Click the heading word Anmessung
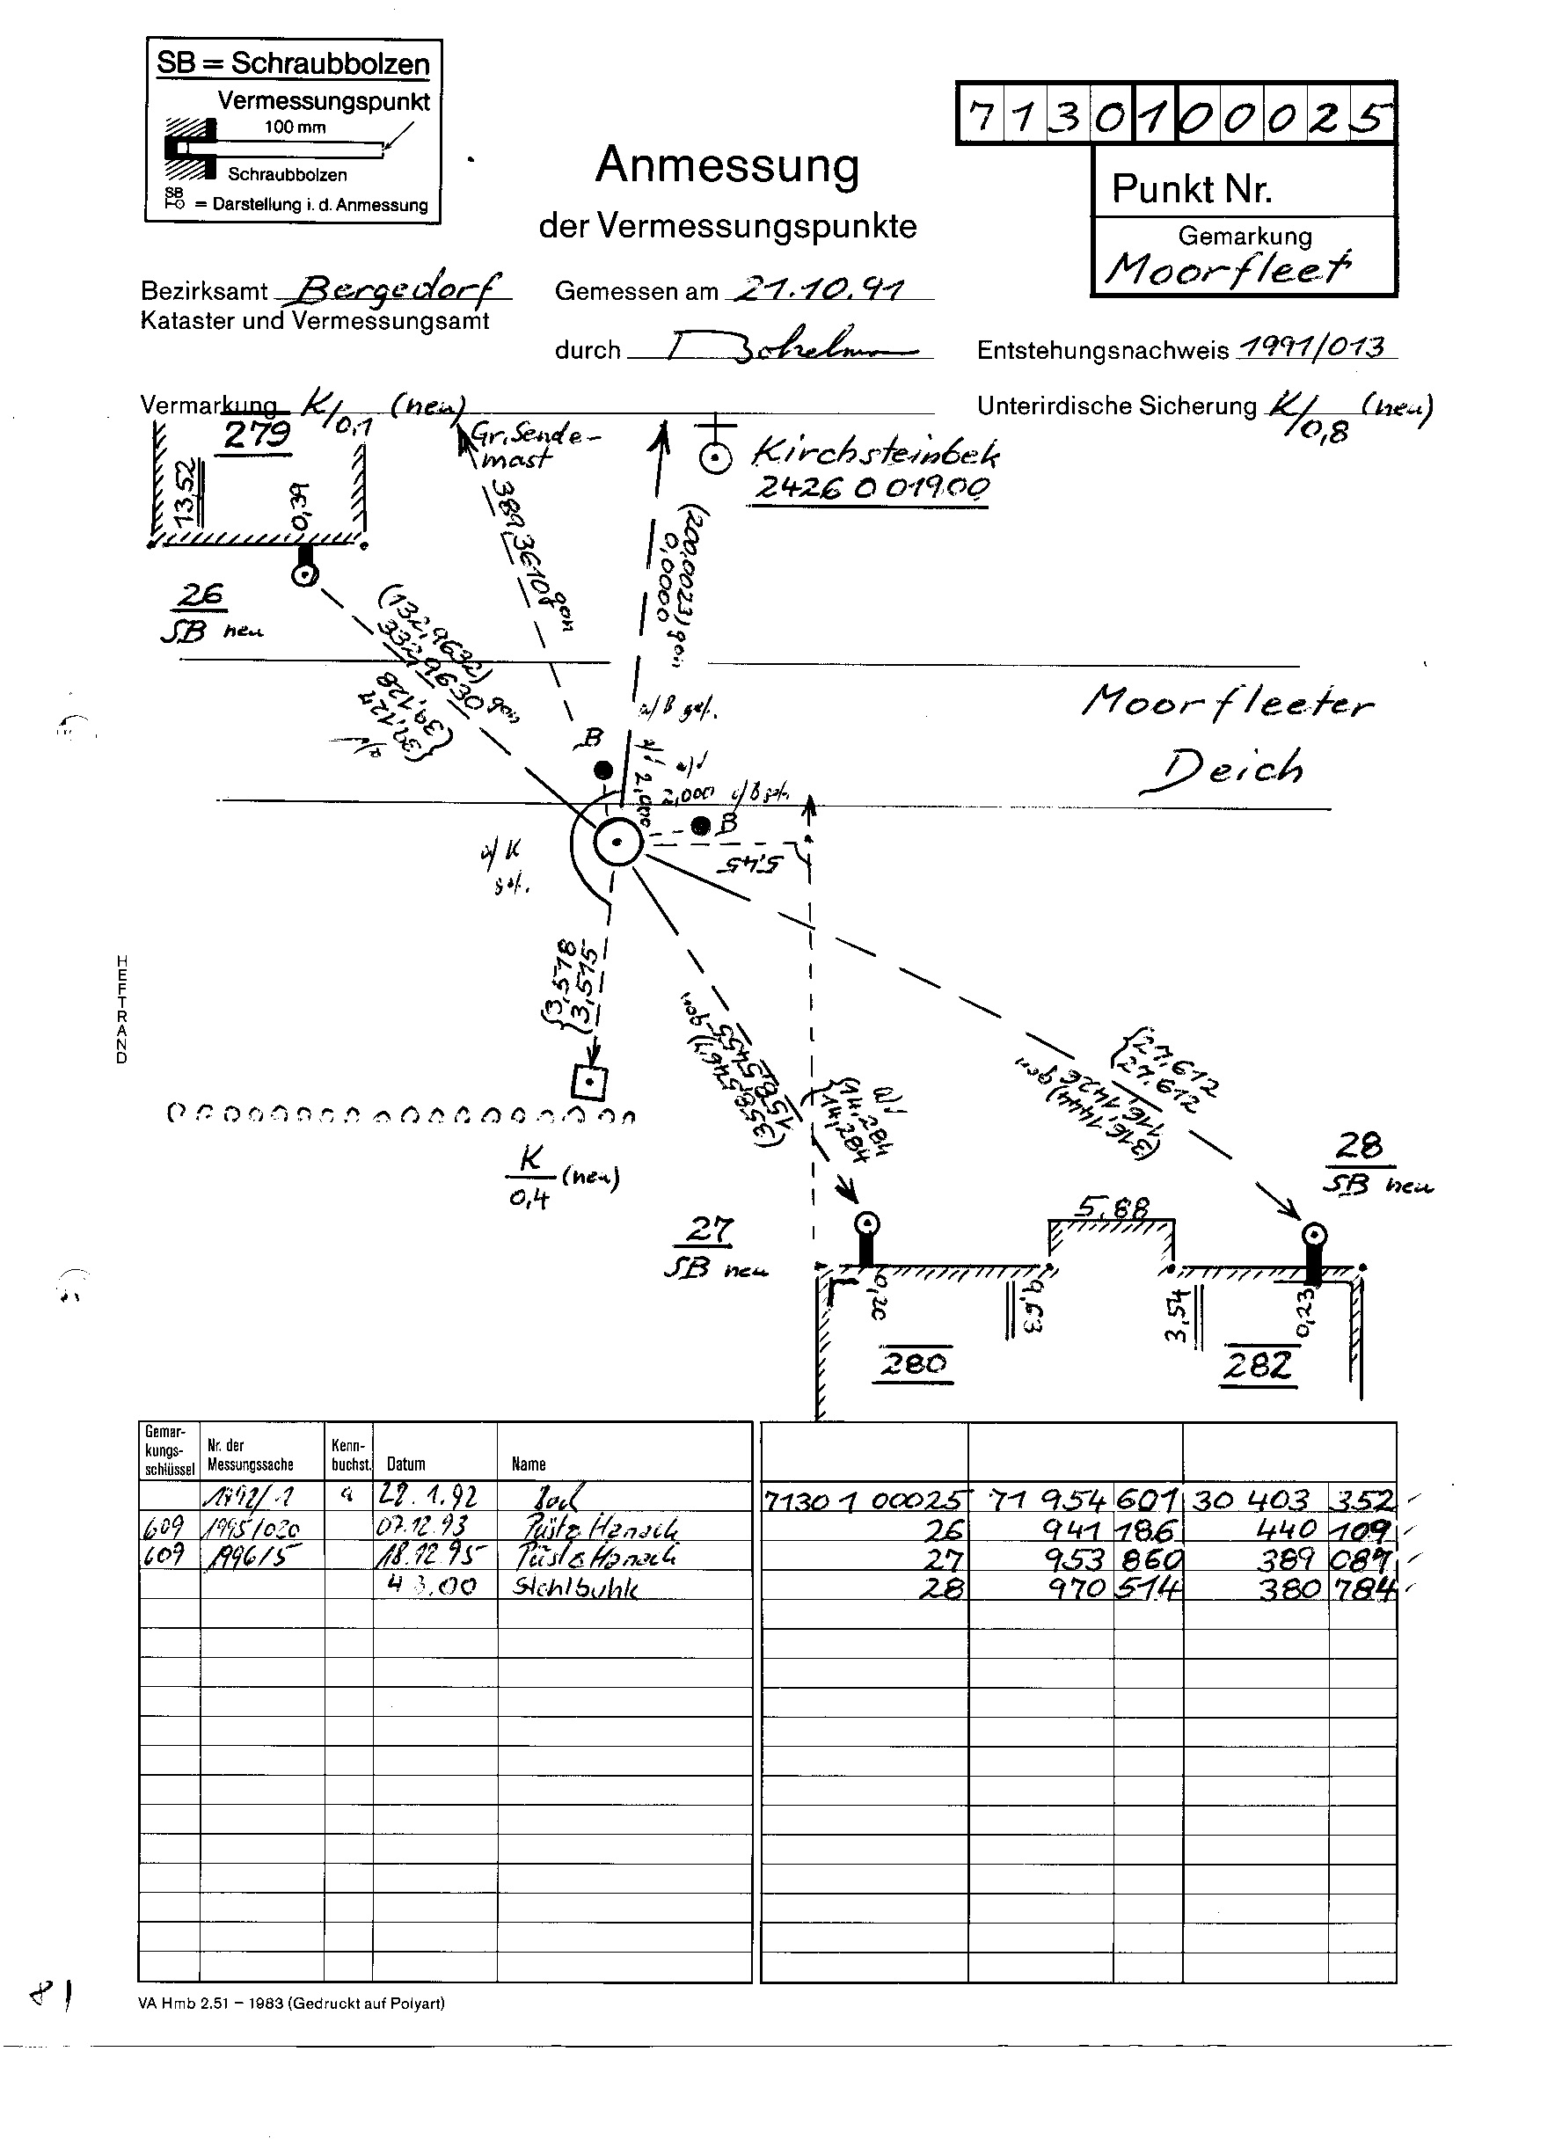tap(727, 165)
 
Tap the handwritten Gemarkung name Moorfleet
tap(1228, 269)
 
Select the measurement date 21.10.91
tap(818, 288)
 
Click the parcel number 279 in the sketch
tap(258, 434)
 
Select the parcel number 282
tap(1258, 1365)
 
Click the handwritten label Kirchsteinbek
tap(875, 455)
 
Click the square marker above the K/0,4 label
tap(589, 1083)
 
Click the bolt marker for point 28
tap(1314, 1236)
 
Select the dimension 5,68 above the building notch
tap(1113, 1208)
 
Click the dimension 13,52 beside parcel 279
tap(186, 492)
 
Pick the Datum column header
tap(405, 1464)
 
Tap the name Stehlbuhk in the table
tap(575, 1588)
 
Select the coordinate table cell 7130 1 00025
tap(865, 1500)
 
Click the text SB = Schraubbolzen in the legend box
tap(292, 63)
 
